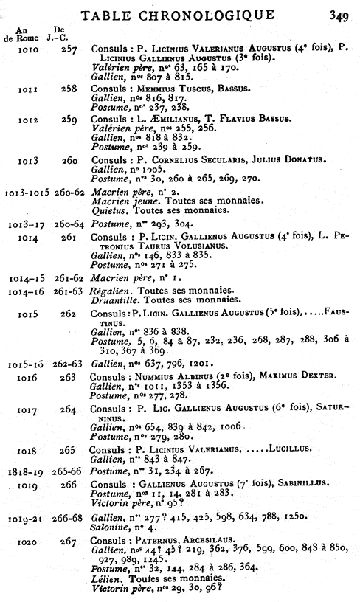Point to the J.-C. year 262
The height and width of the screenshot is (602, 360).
[x=69, y=314]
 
